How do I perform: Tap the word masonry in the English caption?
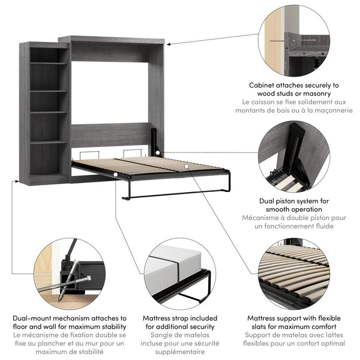click(x=320, y=94)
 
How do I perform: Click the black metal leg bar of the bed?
click(x=174, y=194)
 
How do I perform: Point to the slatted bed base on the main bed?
click(x=150, y=166)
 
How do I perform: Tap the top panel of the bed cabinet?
click(x=112, y=40)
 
